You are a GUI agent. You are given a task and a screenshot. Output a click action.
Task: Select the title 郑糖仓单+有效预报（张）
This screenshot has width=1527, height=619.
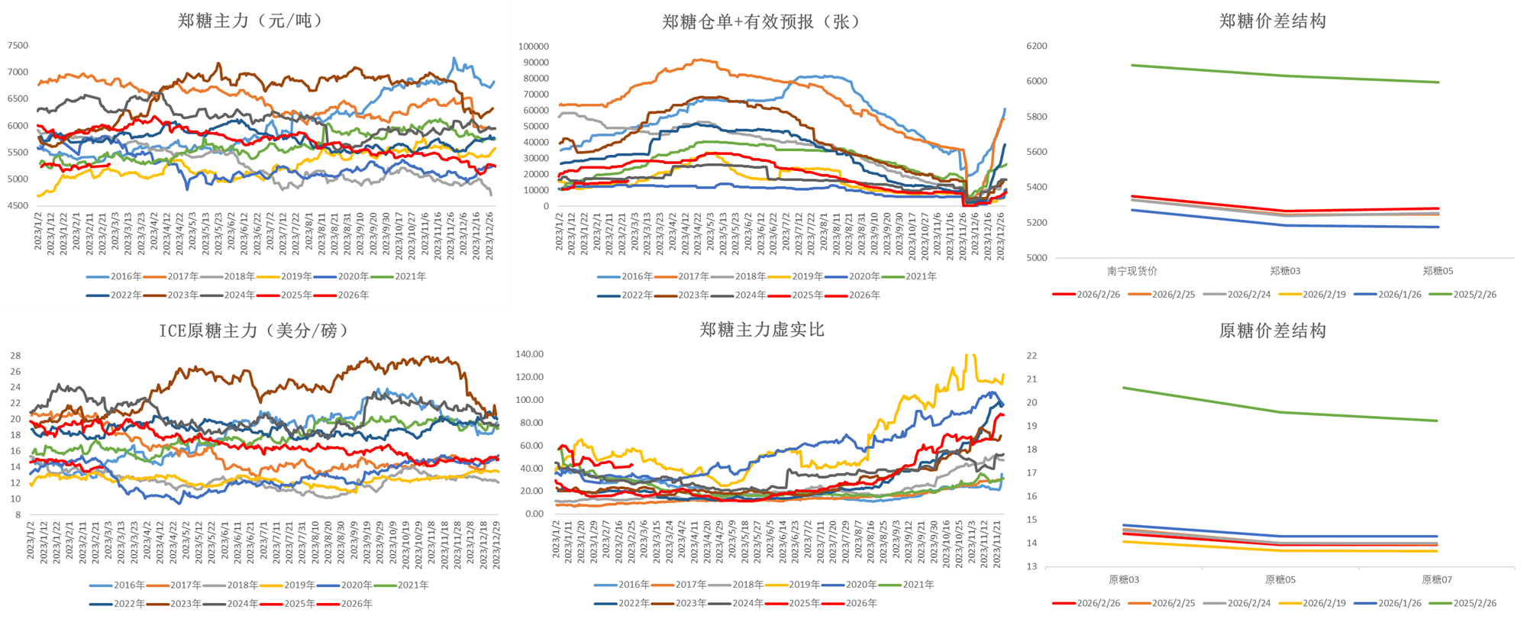[x=761, y=21]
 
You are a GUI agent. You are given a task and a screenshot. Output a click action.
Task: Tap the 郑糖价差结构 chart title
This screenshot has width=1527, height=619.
[x=1272, y=21]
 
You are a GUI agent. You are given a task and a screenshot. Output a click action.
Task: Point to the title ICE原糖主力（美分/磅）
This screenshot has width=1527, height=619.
[x=253, y=330]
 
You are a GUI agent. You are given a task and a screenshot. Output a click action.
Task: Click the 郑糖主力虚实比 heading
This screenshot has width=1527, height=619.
[x=761, y=330]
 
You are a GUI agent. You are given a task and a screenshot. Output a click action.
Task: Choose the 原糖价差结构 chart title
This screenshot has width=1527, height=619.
[x=1272, y=330]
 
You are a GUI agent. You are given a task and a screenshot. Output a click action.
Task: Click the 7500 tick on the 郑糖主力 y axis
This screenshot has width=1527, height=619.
[x=18, y=46]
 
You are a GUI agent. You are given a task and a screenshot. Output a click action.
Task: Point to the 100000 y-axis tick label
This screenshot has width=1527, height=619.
[x=533, y=47]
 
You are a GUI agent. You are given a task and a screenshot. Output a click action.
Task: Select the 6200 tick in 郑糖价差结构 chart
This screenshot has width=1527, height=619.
[x=1036, y=46]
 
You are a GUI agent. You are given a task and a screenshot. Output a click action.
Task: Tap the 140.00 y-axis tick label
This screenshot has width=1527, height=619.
[x=529, y=354]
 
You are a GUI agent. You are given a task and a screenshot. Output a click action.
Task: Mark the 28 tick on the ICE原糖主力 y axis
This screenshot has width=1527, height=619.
[x=15, y=356]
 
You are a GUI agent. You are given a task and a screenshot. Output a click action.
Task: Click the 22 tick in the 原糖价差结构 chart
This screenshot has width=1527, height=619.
[x=1031, y=356]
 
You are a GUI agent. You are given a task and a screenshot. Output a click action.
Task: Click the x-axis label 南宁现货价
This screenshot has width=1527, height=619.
[x=1132, y=271]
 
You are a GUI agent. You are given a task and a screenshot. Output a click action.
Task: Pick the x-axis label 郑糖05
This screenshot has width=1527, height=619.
[x=1438, y=271]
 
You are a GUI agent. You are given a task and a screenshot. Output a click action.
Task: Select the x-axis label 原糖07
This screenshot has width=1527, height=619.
[x=1436, y=580]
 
